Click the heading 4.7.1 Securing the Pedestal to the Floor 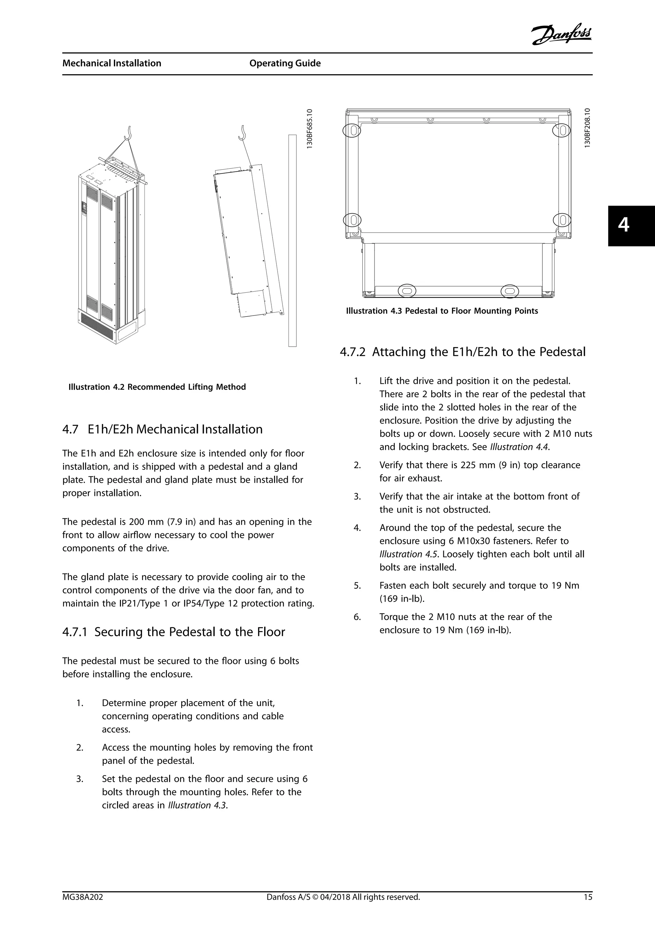[x=173, y=632]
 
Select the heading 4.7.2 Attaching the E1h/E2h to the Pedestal [x=462, y=352]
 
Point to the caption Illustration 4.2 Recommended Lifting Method [x=157, y=387]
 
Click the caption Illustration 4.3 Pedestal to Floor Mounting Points [x=442, y=311]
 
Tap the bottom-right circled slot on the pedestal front [x=509, y=291]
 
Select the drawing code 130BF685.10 [x=309, y=129]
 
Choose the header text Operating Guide [x=285, y=63]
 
